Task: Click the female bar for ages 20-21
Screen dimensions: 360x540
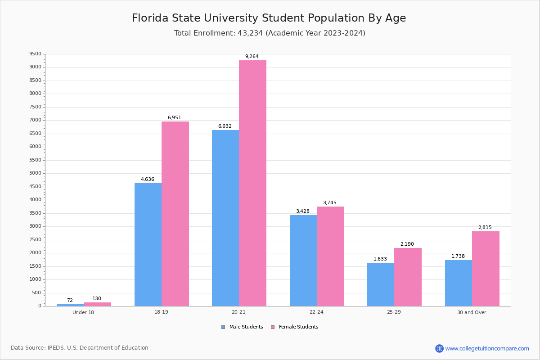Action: click(x=252, y=183)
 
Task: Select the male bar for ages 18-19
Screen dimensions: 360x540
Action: click(x=148, y=244)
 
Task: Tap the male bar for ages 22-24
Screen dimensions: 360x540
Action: click(x=303, y=261)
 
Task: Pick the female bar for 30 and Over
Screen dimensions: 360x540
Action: click(x=486, y=269)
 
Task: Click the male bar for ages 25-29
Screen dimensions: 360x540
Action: click(x=381, y=284)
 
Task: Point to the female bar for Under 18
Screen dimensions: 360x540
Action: click(x=97, y=304)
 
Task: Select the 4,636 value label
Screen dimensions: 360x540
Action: click(x=148, y=180)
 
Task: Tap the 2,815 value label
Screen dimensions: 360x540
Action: click(x=485, y=228)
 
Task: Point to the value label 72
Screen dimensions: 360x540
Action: click(x=70, y=301)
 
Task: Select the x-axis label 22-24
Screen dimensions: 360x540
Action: click(x=316, y=312)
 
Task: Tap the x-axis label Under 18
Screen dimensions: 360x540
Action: click(x=83, y=312)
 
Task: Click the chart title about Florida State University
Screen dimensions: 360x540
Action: click(x=269, y=18)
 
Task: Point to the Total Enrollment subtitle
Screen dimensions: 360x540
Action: click(x=270, y=33)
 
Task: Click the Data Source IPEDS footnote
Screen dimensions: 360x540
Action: click(x=80, y=348)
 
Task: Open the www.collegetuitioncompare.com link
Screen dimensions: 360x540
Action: click(x=487, y=348)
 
